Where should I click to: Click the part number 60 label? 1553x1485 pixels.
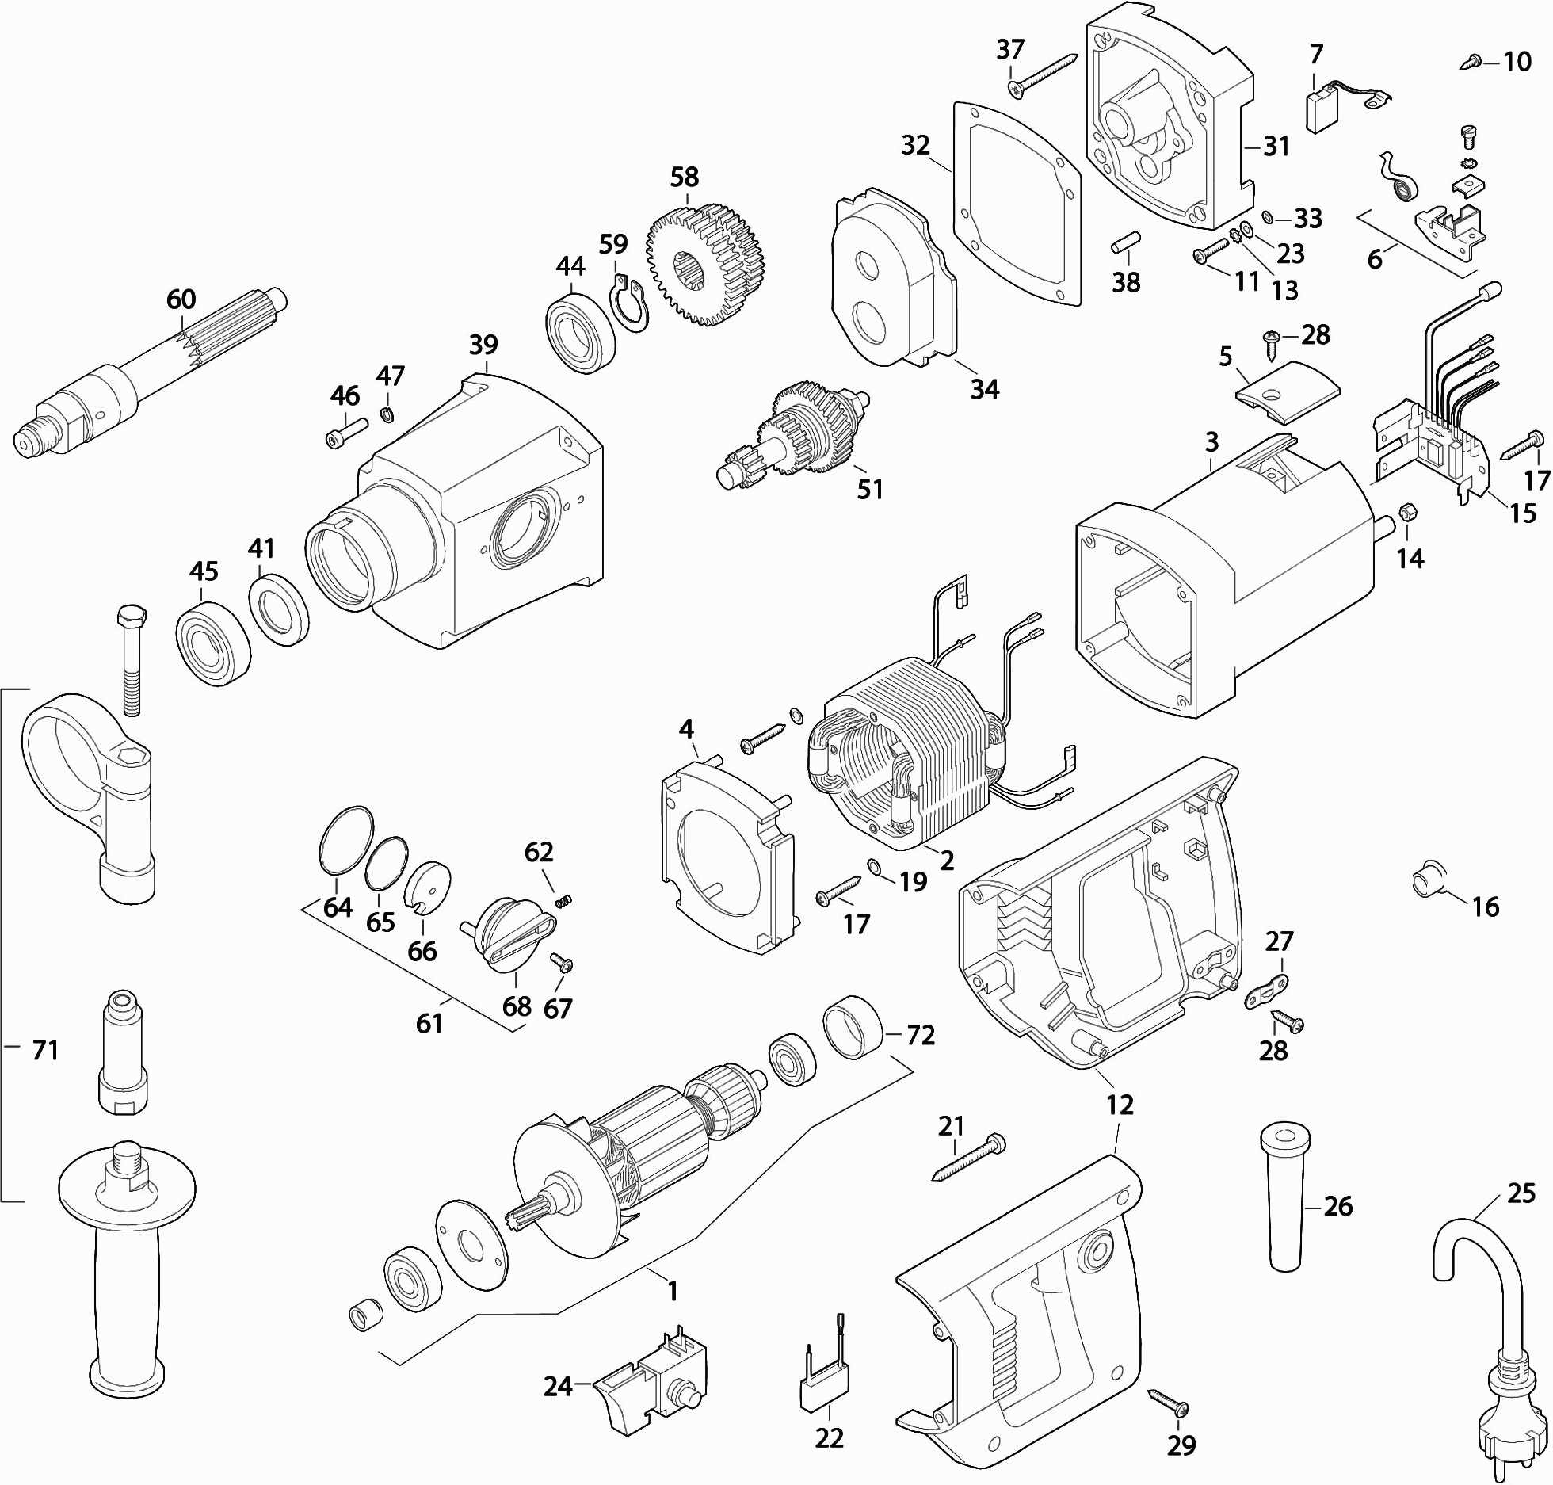coord(181,300)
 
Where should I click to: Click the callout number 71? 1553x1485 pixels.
coord(44,1051)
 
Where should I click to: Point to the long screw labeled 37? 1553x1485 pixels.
coord(1042,74)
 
